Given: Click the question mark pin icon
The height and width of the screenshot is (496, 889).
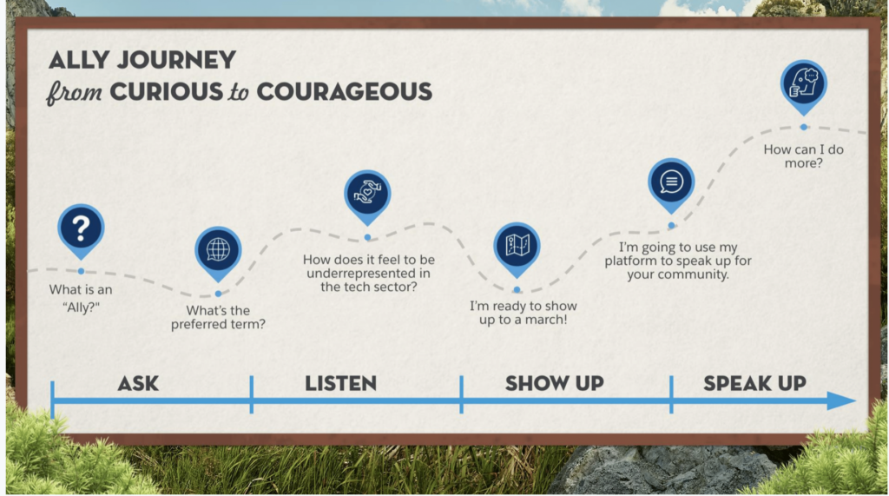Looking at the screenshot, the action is (81, 229).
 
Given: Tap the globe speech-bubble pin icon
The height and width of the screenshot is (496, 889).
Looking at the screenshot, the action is (218, 251).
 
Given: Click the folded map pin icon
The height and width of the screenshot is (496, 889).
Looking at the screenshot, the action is (517, 247).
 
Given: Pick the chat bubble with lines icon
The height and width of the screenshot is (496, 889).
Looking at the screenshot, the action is (671, 182).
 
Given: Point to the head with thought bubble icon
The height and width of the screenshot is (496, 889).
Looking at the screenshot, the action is (803, 84).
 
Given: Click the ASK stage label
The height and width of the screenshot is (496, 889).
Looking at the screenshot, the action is (138, 384).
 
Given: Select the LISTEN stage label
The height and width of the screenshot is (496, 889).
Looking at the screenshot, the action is (340, 384).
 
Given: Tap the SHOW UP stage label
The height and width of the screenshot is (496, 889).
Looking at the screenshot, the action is (555, 384).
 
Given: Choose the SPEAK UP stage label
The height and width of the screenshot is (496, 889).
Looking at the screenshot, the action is (754, 384).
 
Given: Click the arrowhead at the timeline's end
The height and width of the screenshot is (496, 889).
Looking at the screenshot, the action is (841, 400).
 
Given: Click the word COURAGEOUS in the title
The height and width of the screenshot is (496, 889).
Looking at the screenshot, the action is (344, 92).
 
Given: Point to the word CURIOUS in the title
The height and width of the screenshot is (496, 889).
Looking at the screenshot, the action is (167, 92).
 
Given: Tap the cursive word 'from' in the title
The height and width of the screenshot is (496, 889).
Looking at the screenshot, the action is (75, 92).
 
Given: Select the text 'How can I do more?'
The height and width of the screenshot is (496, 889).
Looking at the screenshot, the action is (803, 156).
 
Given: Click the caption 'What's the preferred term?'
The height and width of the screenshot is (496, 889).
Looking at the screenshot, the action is (218, 317).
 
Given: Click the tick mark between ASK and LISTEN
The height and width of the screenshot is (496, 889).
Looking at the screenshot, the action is (251, 393).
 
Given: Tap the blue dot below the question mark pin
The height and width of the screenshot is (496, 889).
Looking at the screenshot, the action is (81, 271).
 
